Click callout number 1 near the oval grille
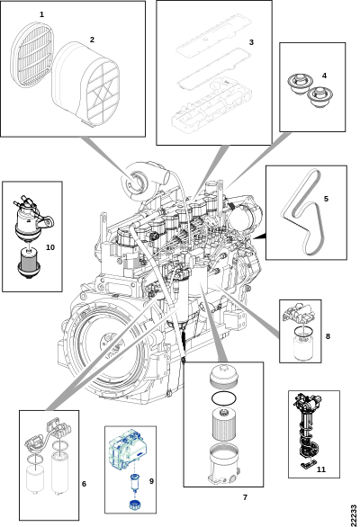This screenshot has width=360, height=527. (41, 14)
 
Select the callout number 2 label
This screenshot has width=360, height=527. (92, 40)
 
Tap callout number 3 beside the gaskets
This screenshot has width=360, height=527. (251, 42)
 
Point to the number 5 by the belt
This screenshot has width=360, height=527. (326, 199)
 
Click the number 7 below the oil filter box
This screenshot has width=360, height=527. (246, 497)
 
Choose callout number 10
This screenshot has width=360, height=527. (50, 247)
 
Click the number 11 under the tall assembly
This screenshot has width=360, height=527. (321, 469)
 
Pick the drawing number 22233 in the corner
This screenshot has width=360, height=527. (353, 515)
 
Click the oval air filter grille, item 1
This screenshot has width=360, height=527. (32, 55)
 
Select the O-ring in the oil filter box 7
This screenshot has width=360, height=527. (224, 398)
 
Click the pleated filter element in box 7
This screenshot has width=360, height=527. (224, 424)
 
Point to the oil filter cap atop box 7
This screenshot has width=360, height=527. (223, 376)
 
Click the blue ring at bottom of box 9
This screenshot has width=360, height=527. (135, 505)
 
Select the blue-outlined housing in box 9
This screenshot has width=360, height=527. (128, 449)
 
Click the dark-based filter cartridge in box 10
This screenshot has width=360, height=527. (29, 263)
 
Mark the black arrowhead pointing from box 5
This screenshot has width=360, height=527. (260, 237)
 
